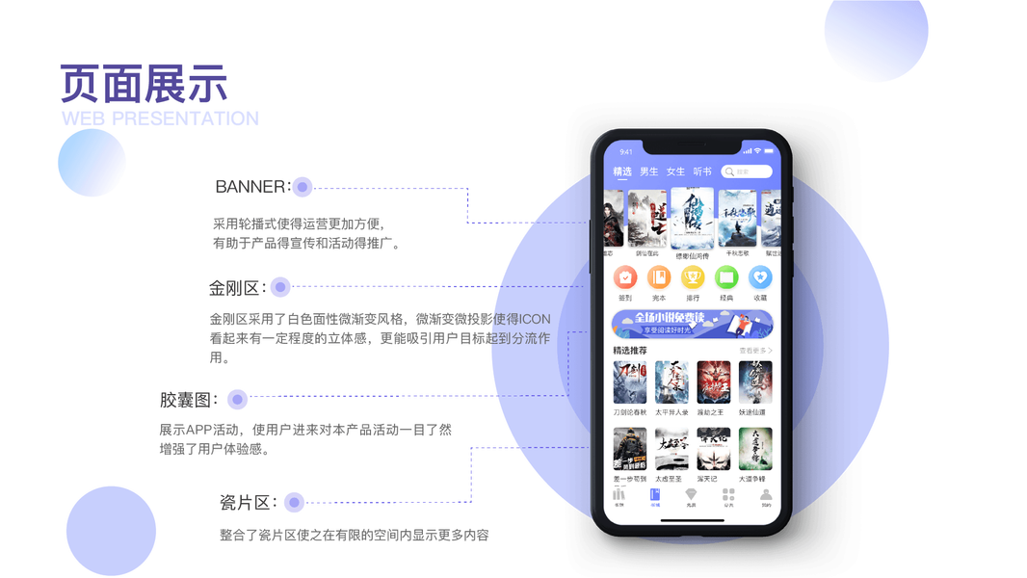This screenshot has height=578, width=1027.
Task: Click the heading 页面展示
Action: point(144,84)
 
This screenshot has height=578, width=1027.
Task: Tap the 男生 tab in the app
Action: point(649,171)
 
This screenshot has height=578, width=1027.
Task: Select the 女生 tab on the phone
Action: point(675,171)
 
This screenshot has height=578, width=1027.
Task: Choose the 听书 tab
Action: point(702,171)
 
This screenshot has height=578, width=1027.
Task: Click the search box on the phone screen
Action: point(747,171)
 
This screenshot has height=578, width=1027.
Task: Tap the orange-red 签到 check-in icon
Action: point(625,278)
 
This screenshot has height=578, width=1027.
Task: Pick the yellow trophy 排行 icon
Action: point(693,278)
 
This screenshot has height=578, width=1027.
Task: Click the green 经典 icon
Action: point(726,278)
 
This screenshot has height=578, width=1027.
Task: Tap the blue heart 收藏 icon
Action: point(760,278)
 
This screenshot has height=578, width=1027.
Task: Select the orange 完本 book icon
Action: point(659,278)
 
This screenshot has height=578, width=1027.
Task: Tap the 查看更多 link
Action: point(755,351)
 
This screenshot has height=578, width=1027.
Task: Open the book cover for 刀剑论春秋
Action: point(629,382)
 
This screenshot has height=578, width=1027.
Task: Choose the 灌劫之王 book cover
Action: point(714,382)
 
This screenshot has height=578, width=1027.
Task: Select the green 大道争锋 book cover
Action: point(755,449)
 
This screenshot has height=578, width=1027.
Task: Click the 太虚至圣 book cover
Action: point(671,449)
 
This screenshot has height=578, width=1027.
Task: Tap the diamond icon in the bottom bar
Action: point(691,494)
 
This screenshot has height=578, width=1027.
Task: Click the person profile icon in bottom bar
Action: point(766,494)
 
